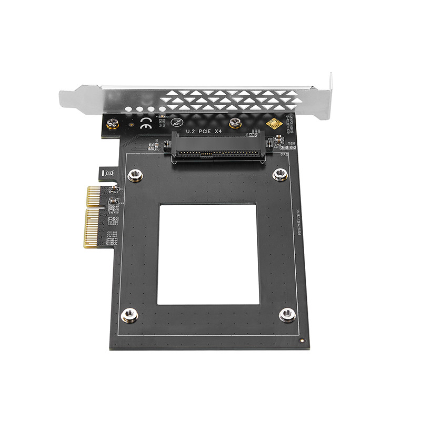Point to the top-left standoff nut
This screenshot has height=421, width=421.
(x=135, y=175)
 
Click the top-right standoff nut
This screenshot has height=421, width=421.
(x=280, y=174)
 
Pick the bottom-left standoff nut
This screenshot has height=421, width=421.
(x=129, y=315)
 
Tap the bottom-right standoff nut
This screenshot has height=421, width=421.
(x=287, y=315)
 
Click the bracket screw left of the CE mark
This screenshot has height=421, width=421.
(x=112, y=124)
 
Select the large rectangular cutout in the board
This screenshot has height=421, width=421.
(x=208, y=254)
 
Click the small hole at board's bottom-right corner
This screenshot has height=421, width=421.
(x=301, y=340)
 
